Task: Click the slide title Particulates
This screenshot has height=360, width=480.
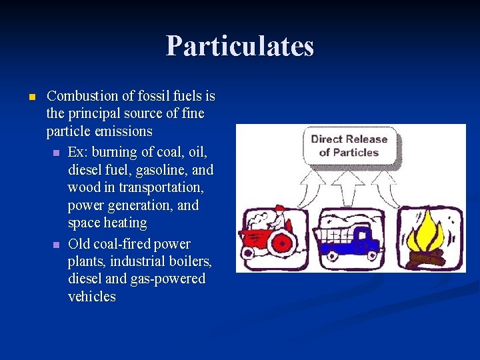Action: click(x=239, y=46)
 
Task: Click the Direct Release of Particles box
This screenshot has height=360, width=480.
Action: click(x=349, y=146)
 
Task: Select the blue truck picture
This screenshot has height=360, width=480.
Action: click(x=351, y=241)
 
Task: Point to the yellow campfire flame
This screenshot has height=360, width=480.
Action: click(x=428, y=233)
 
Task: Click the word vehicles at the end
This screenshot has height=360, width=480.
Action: click(x=92, y=297)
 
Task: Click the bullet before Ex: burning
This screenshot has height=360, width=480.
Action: click(x=57, y=153)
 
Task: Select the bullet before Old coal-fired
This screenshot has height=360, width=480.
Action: click(x=57, y=245)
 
